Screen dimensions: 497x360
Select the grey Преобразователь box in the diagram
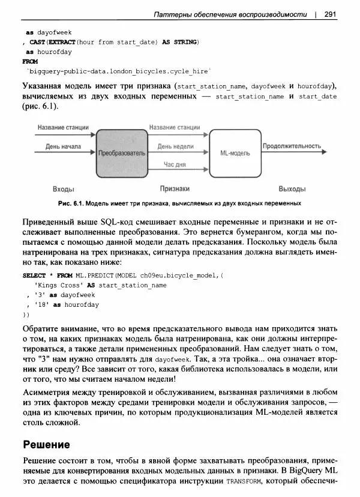[x=121, y=153]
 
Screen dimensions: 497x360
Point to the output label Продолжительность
[x=292, y=146]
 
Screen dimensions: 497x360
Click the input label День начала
[x=62, y=146]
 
